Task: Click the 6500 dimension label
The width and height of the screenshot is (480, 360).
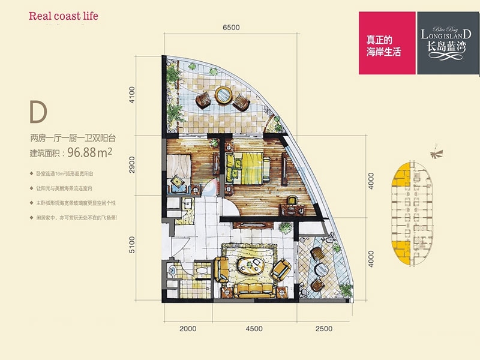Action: click(231, 28)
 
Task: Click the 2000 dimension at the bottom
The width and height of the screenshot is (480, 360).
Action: click(188, 328)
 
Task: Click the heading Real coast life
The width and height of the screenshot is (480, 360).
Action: click(63, 16)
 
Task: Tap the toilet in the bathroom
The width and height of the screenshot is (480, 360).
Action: click(201, 272)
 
